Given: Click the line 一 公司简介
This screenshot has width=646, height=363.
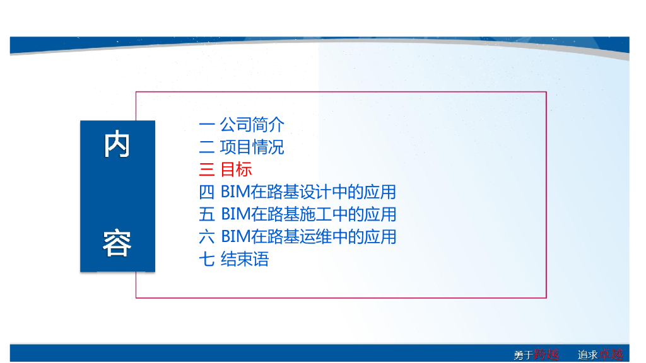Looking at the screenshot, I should (x=242, y=124).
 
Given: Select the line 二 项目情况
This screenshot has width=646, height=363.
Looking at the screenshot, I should (x=242, y=147).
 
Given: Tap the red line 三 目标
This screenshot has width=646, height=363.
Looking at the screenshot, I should (x=226, y=170).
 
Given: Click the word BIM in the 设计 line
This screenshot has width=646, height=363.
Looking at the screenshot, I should (x=235, y=192).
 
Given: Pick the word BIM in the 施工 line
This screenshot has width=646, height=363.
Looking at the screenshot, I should (x=235, y=214).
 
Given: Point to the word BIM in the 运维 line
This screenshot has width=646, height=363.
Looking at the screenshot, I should (x=235, y=237).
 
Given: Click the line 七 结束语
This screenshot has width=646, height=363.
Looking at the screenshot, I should (x=234, y=259).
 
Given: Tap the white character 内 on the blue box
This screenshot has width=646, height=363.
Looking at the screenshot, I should (x=117, y=145).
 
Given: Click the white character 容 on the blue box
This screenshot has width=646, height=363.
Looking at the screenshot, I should (x=117, y=244).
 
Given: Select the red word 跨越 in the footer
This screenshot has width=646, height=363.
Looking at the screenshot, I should (x=546, y=355).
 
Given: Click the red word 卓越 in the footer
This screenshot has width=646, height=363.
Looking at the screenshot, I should (x=611, y=355).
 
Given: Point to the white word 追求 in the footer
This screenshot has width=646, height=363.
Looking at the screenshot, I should (x=588, y=355).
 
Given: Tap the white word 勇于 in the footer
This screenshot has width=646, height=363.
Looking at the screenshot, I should (x=523, y=355).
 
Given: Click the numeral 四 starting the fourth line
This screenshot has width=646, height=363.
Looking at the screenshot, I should (x=207, y=192).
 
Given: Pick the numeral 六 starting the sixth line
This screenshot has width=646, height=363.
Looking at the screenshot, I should (x=207, y=237).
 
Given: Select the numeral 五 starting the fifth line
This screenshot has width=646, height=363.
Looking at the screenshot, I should (x=207, y=214).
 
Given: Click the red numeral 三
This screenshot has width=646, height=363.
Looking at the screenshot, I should (x=207, y=170).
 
